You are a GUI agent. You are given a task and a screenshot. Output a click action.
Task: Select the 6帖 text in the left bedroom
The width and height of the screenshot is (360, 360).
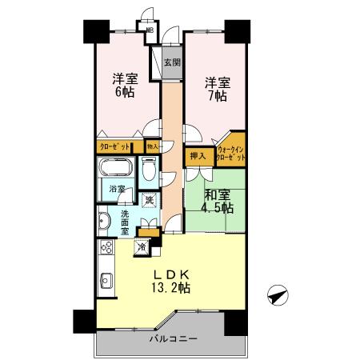123,93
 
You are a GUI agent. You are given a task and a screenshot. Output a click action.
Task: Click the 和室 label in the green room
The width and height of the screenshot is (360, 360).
217,195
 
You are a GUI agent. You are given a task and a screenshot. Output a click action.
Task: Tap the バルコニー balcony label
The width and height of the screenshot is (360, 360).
172,341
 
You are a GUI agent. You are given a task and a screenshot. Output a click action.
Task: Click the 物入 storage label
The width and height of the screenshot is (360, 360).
151,146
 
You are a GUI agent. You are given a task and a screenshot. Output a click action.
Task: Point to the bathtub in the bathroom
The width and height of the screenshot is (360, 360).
116,170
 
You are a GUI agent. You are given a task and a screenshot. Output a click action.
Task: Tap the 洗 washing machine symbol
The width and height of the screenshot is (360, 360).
148,200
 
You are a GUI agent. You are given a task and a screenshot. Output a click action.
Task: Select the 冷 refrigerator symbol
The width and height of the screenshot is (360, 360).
142,246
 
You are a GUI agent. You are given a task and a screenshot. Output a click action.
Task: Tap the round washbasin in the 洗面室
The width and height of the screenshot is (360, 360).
104,221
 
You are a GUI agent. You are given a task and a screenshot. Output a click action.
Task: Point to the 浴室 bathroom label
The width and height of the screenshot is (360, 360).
117,190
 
